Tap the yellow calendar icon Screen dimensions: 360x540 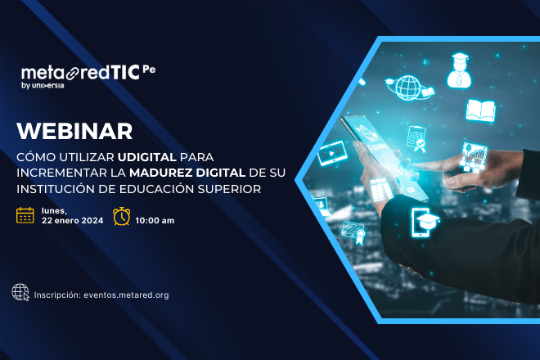(25, 216)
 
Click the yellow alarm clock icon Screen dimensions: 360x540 (122, 216)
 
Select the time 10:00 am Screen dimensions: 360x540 (155, 221)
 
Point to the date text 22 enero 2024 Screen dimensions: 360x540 (72, 221)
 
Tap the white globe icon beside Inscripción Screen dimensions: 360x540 (20, 292)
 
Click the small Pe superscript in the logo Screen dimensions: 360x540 (149, 70)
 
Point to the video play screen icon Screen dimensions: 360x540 (332, 152)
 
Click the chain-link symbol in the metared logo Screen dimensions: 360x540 (73, 74)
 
